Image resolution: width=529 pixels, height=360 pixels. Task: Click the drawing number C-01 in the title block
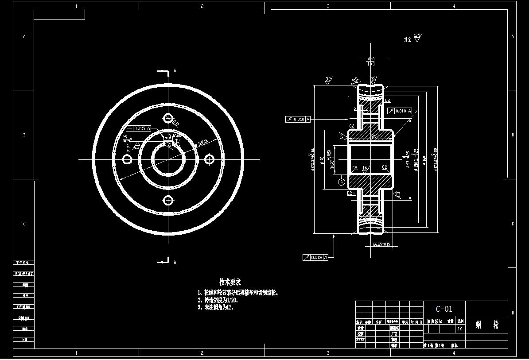coord(444,309)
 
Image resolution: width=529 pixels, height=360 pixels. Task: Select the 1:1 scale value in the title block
coord(460,329)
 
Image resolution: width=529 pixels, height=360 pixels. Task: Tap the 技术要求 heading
coord(230,282)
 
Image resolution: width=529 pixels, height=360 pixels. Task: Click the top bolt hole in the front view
coord(168,118)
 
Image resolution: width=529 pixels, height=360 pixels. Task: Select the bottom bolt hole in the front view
coord(168,201)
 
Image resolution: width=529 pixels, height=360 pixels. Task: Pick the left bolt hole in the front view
coord(127,159)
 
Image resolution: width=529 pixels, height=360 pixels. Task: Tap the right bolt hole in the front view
coord(209,159)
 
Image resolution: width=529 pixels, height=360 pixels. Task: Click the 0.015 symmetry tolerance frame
coord(139,128)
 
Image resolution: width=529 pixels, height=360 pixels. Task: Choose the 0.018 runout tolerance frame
coord(315,257)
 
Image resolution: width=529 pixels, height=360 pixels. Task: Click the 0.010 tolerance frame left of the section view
coord(298,119)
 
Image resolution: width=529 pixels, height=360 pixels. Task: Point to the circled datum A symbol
coord(341,182)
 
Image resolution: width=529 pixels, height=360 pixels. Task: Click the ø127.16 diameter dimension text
coord(203,143)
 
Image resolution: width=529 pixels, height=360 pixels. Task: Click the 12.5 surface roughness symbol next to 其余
coord(417,37)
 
